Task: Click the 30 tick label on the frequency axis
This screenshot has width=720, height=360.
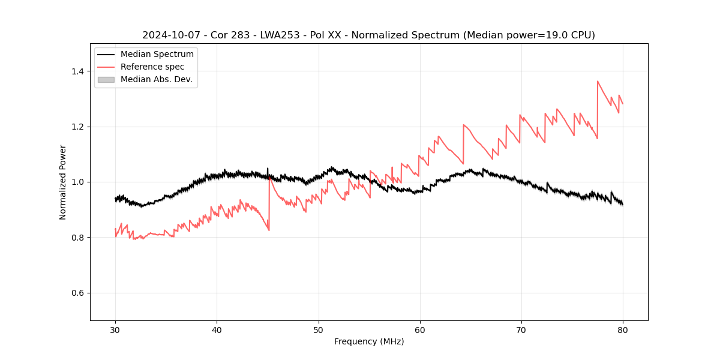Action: pyautogui.click(x=115, y=329)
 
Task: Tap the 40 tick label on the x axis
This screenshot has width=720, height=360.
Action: pyautogui.click(x=217, y=329)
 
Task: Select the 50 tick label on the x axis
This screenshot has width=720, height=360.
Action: pyautogui.click(x=318, y=329)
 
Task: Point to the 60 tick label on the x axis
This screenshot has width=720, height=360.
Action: pyautogui.click(x=419, y=329)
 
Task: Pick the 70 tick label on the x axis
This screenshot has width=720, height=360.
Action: pyautogui.click(x=521, y=329)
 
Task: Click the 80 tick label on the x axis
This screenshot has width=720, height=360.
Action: pyautogui.click(x=622, y=329)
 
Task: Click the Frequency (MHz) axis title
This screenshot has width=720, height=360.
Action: pyautogui.click(x=369, y=341)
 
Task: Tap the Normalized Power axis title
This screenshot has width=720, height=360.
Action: pyautogui.click(x=63, y=182)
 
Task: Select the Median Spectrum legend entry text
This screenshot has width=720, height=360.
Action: pyautogui.click(x=157, y=55)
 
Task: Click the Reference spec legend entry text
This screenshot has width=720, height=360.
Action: pyautogui.click(x=152, y=67)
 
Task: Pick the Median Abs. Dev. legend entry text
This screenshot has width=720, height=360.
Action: pyautogui.click(x=156, y=79)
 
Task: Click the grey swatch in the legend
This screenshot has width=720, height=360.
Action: pyautogui.click(x=106, y=79)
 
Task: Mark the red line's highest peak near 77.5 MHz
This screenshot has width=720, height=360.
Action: pyautogui.click(x=598, y=81)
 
